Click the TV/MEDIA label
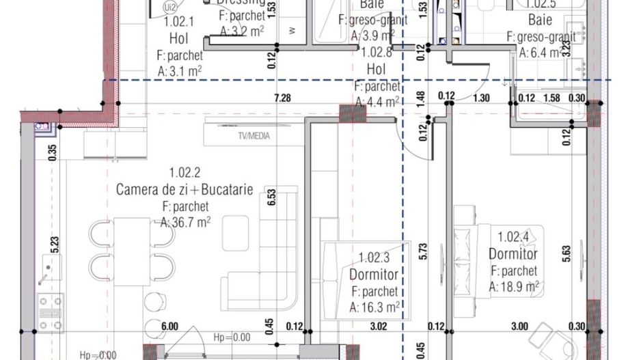(253, 136)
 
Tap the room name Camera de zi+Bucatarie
(185, 189)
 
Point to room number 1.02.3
(375, 258)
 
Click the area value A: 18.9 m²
(514, 286)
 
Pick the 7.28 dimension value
(282, 98)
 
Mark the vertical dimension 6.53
(271, 198)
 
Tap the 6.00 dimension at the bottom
(169, 327)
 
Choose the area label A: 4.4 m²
(377, 102)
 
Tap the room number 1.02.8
(376, 53)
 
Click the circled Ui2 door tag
(169, 7)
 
